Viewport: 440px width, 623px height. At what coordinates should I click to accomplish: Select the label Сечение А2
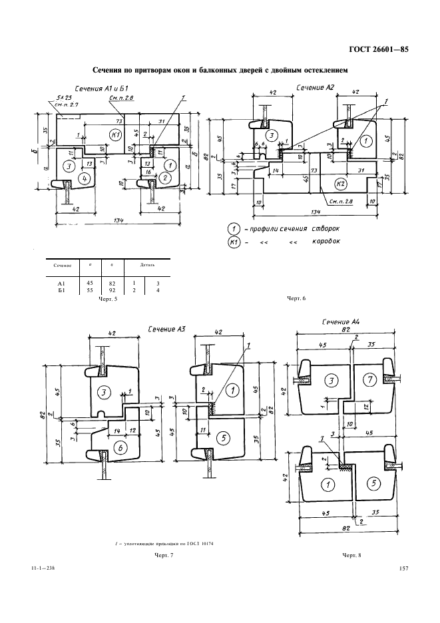[315, 87]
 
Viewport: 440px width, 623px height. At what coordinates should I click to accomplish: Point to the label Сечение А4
[341, 321]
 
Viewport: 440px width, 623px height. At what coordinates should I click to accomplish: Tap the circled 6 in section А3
[122, 449]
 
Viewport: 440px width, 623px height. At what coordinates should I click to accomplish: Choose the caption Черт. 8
[350, 554]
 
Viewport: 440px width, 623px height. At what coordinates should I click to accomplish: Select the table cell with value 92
[111, 291]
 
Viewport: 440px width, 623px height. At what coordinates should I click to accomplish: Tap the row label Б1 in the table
[60, 291]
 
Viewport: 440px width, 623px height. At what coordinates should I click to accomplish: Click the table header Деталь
[147, 265]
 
